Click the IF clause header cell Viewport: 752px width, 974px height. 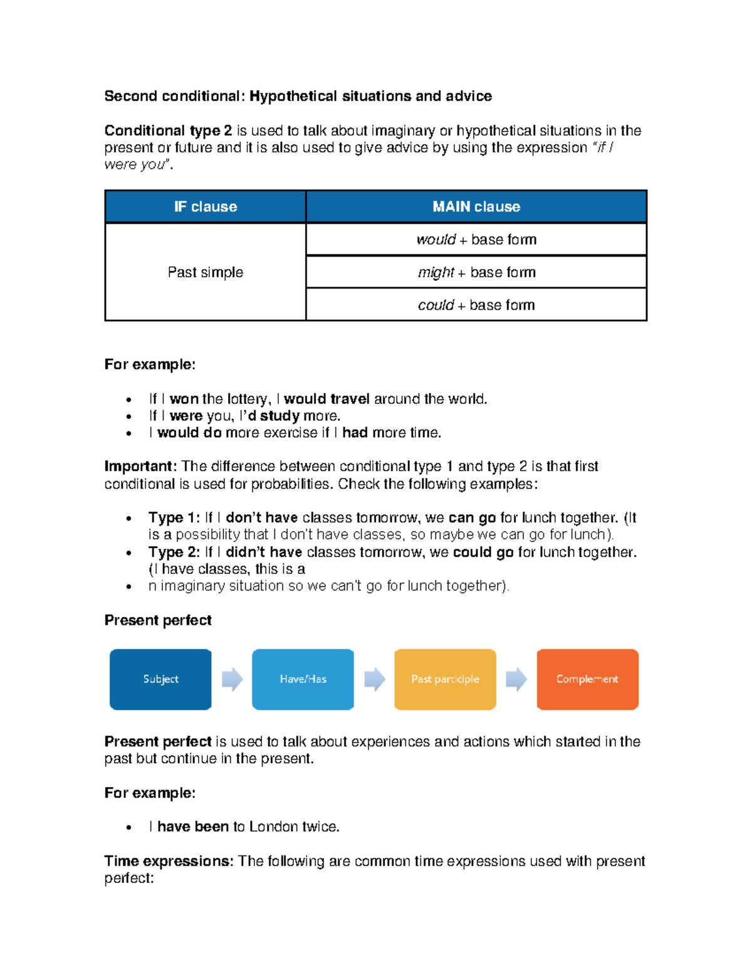click(x=206, y=207)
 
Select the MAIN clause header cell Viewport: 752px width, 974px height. click(x=476, y=207)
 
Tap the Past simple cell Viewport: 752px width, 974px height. click(x=206, y=272)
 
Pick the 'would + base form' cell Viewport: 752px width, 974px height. click(x=476, y=240)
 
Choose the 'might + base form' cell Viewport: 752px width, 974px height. click(x=476, y=272)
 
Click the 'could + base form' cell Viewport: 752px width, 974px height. click(x=476, y=305)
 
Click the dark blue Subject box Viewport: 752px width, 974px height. click(x=160, y=679)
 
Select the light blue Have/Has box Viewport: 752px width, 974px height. click(x=303, y=679)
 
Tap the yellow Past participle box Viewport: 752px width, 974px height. click(x=445, y=679)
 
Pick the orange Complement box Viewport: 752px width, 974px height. click(x=587, y=679)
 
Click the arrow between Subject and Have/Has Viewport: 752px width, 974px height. click(x=232, y=679)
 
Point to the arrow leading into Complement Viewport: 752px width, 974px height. click(x=516, y=679)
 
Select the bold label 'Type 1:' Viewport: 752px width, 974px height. click(x=174, y=518)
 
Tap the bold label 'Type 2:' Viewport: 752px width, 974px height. click(x=174, y=553)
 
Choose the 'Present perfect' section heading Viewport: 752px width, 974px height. click(x=158, y=620)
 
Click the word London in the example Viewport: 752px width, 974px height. click(x=273, y=827)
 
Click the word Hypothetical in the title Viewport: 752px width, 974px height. click(x=293, y=96)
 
